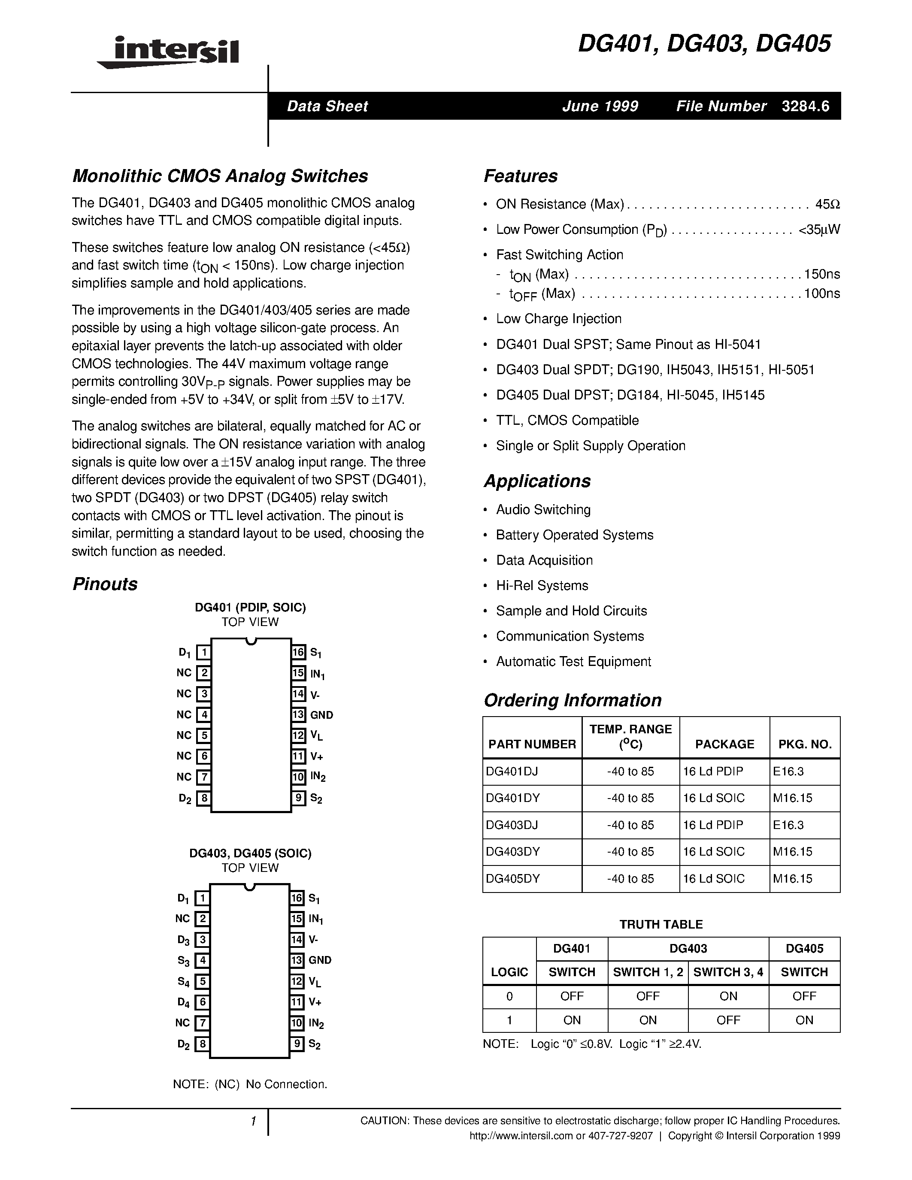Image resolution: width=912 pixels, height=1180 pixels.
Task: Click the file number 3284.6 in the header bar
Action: click(x=805, y=106)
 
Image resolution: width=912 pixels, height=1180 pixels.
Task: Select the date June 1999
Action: click(x=600, y=106)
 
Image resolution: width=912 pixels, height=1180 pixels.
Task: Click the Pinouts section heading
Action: click(x=105, y=584)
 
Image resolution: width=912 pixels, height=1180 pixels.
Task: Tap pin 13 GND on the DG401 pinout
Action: click(x=321, y=715)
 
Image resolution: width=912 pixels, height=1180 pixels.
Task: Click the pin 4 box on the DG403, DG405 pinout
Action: click(x=202, y=961)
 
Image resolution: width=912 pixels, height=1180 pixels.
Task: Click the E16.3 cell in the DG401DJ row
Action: click(x=788, y=772)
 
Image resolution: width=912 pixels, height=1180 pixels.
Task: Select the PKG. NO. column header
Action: click(x=804, y=744)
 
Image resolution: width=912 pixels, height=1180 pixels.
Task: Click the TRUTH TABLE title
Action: click(x=661, y=924)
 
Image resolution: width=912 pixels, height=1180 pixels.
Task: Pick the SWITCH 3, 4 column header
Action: click(x=728, y=972)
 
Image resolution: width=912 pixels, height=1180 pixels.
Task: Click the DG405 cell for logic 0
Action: click(x=804, y=996)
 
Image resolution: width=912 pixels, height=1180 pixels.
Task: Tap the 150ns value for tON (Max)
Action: click(x=821, y=275)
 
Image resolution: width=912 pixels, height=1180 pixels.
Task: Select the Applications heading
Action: click(x=537, y=481)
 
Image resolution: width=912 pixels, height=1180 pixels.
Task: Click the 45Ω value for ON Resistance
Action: click(x=827, y=204)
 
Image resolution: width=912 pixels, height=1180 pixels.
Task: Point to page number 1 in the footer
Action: click(x=253, y=1121)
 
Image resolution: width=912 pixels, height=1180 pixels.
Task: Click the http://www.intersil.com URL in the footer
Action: click(x=520, y=1136)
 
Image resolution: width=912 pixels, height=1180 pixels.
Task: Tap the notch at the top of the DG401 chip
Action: click(x=250, y=641)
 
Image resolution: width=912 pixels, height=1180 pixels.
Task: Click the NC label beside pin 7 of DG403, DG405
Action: click(x=183, y=1023)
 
